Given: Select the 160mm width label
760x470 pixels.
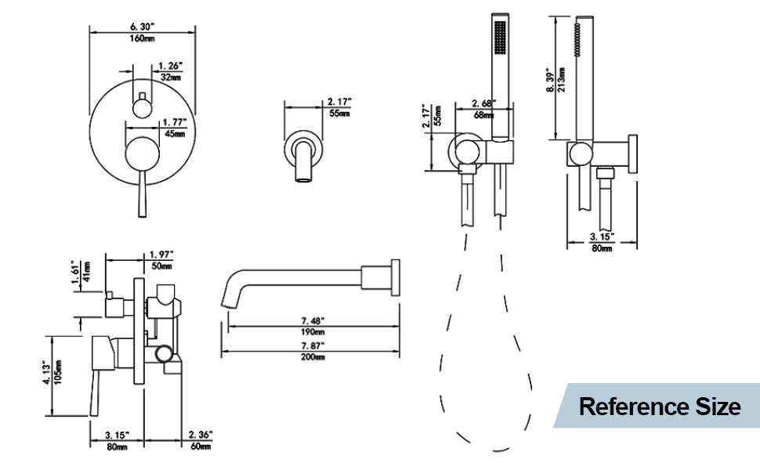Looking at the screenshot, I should tap(142, 38).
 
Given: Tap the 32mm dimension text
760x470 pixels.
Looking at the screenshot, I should tap(171, 78).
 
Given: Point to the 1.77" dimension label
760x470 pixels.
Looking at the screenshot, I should tap(173, 121).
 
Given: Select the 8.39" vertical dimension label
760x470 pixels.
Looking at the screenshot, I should tap(551, 78).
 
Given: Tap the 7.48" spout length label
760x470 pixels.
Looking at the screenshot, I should tap(312, 320).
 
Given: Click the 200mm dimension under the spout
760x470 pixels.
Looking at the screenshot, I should tap(313, 356).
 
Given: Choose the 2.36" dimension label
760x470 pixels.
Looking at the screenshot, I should tap(200, 434).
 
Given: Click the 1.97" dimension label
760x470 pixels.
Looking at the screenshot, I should tap(161, 255).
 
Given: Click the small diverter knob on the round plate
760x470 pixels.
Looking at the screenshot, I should tap(142, 103).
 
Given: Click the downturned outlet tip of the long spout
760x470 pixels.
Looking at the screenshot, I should tap(230, 298).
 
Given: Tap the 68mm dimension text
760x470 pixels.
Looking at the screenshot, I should tap(483, 115).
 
